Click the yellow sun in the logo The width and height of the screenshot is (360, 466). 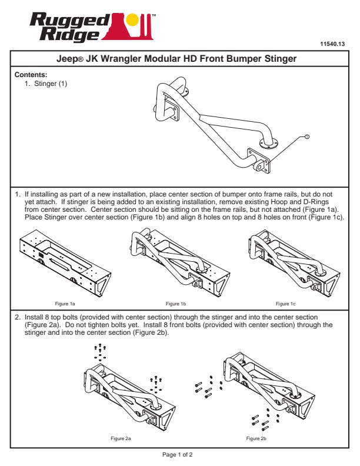pyautogui.click(x=132, y=19)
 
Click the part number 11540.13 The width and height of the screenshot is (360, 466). pyautogui.click(x=332, y=44)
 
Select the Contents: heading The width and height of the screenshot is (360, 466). pyautogui.click(x=31, y=75)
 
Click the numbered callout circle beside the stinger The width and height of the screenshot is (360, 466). pyautogui.click(x=307, y=137)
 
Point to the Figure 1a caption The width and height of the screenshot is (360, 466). pyautogui.click(x=65, y=304)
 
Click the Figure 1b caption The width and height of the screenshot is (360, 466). pyautogui.click(x=176, y=304)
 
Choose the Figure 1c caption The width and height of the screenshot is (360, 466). pyautogui.click(x=286, y=304)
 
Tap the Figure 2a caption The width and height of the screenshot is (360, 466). pyautogui.click(x=121, y=438)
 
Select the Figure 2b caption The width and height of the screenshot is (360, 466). pyautogui.click(x=256, y=438)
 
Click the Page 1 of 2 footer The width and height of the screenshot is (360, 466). pyautogui.click(x=177, y=454)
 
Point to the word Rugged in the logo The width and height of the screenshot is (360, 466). pyautogui.click(x=70, y=21)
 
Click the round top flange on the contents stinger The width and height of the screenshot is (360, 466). pyautogui.click(x=268, y=143)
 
